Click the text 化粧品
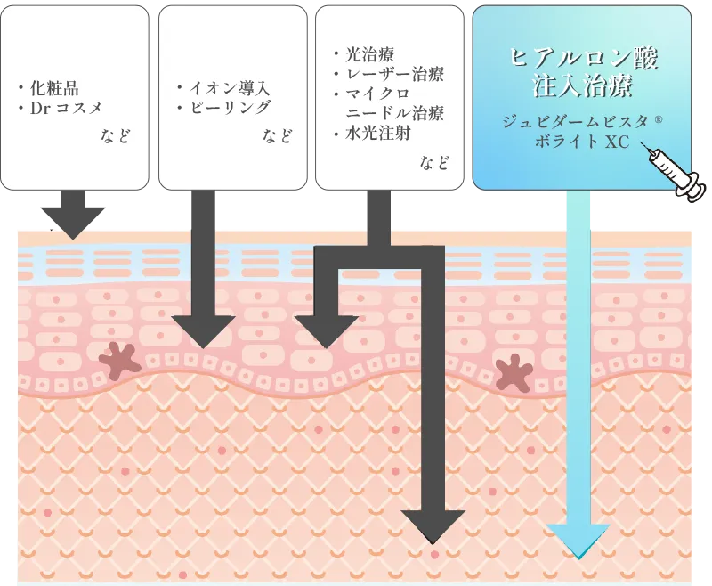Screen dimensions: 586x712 tap(54, 88)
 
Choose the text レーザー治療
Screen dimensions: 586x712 tap(392, 74)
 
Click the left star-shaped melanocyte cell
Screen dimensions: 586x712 tap(121, 361)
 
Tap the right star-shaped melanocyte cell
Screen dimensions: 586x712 tap(514, 372)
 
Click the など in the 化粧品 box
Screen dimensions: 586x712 tap(115, 136)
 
